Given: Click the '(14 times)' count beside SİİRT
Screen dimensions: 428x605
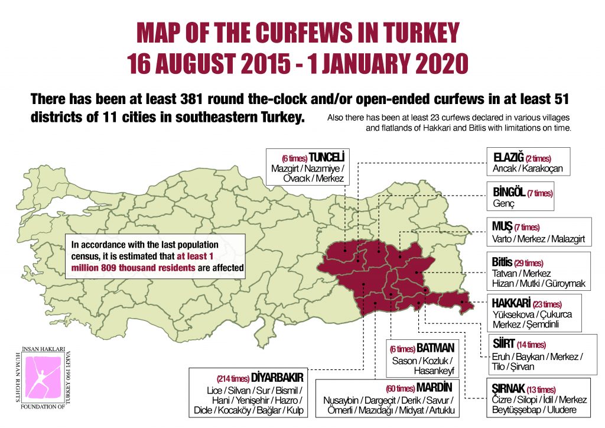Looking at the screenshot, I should point(531,345).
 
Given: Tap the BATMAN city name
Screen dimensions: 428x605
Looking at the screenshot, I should point(435,349).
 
